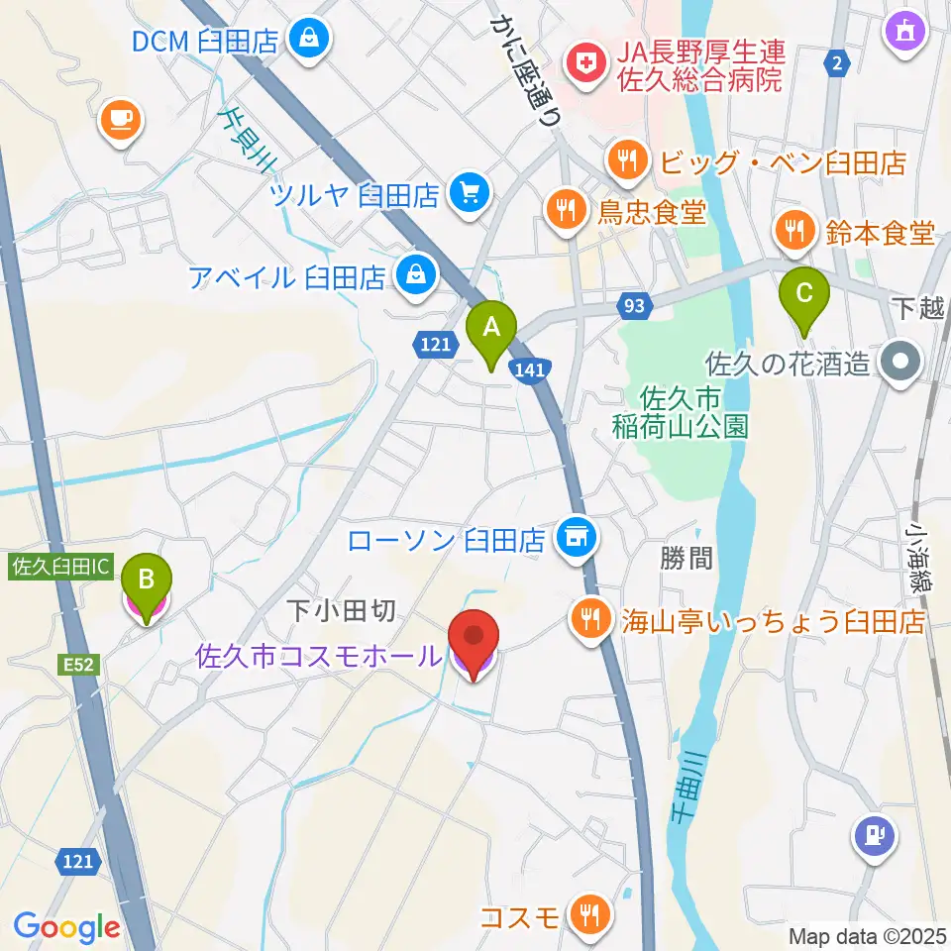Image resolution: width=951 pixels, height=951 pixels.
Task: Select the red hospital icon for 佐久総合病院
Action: pyautogui.click(x=581, y=65)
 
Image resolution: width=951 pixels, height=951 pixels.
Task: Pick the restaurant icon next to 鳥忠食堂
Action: pyautogui.click(x=564, y=209)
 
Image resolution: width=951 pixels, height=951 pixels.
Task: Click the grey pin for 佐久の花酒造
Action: pyautogui.click(x=902, y=362)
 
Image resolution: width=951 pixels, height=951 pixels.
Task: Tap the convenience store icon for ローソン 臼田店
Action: pyautogui.click(x=577, y=537)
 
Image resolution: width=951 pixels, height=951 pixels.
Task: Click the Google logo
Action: pyautogui.click(x=67, y=926)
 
